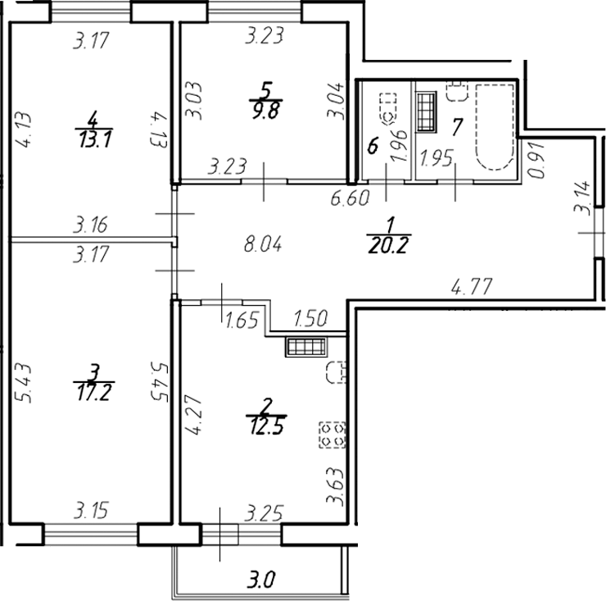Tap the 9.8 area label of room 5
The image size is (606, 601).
click(264, 114)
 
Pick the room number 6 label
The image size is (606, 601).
click(373, 148)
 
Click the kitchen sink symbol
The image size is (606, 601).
click(334, 373)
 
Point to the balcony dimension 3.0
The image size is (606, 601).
click(262, 583)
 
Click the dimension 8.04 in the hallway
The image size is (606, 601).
click(264, 244)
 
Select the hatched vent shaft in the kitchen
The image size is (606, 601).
click(305, 347)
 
